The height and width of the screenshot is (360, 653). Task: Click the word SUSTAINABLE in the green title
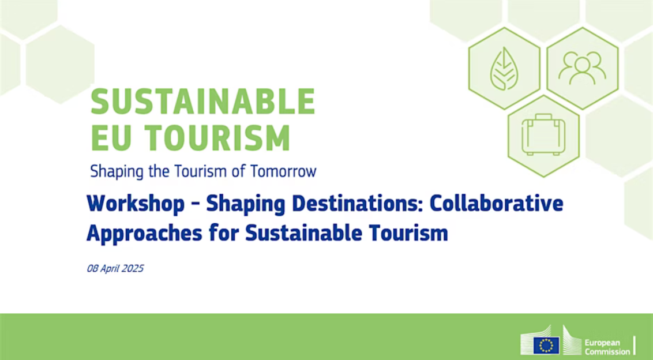tap(202, 102)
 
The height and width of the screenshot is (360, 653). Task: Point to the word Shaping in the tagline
tap(110, 172)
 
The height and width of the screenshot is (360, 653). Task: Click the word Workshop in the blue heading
tap(136, 204)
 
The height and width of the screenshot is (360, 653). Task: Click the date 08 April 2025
tap(115, 268)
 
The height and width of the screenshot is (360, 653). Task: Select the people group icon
tap(581, 68)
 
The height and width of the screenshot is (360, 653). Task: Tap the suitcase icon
tap(543, 135)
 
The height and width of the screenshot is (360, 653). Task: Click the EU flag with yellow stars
tap(546, 345)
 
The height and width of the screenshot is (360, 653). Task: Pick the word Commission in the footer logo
tap(607, 351)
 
